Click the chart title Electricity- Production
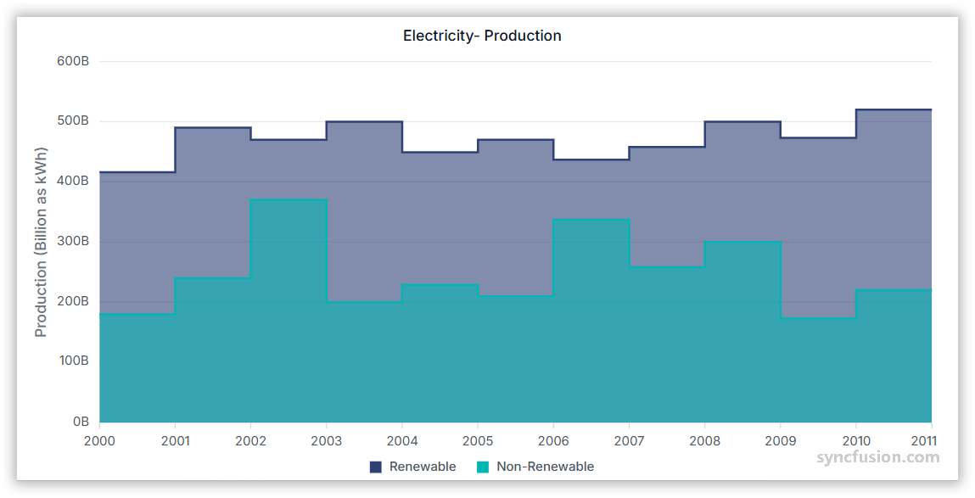[x=482, y=36]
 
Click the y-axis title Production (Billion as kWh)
[x=41, y=242]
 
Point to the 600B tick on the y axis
[x=74, y=61]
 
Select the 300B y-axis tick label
[x=74, y=241]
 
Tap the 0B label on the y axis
[x=81, y=422]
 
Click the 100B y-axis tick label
[x=74, y=361]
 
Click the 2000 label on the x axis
[x=99, y=441]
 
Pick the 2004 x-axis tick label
[x=402, y=441]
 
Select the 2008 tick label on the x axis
[x=704, y=441]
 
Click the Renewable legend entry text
[x=423, y=467]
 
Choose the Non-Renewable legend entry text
[x=545, y=467]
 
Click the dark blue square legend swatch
[x=376, y=467]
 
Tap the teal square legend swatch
[x=483, y=467]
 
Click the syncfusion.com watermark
[x=878, y=457]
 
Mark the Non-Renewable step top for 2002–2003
[x=289, y=200]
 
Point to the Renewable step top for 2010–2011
[x=894, y=110]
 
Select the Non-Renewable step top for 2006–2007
[x=591, y=220]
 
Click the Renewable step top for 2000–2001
[x=137, y=172]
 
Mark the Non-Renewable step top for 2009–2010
[x=818, y=318]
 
